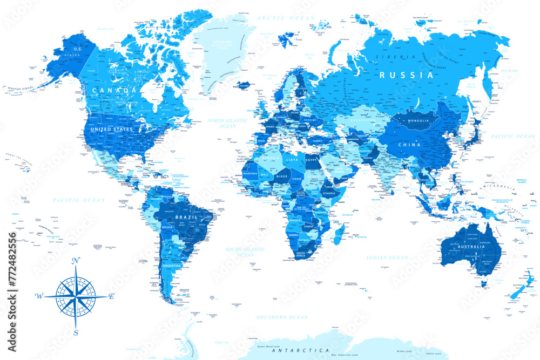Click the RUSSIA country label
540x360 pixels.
click(x=407, y=75)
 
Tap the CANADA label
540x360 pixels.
click(x=114, y=90)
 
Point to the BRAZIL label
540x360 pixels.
click(x=187, y=217)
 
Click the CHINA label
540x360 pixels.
click(x=409, y=145)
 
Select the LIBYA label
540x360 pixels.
click(x=291, y=160)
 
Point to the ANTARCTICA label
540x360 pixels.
click(x=300, y=351)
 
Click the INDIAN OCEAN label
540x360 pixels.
click(x=387, y=258)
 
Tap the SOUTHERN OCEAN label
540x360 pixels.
click(x=282, y=317)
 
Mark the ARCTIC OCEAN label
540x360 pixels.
click(x=278, y=18)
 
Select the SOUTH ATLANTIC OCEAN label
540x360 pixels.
click(x=246, y=252)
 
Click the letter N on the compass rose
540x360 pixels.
click(x=76, y=261)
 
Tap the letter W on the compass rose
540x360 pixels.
click(x=39, y=296)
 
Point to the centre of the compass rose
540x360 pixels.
click(x=76, y=296)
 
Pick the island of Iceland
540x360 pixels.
click(x=244, y=85)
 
